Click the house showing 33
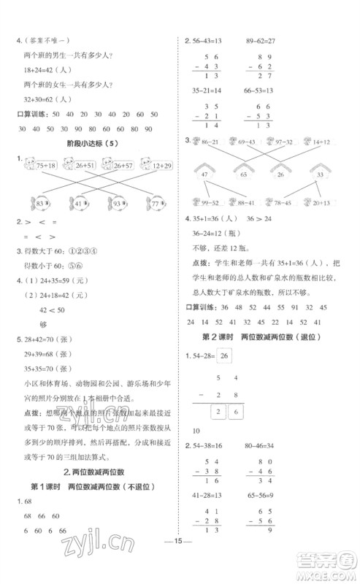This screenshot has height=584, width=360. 319,174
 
